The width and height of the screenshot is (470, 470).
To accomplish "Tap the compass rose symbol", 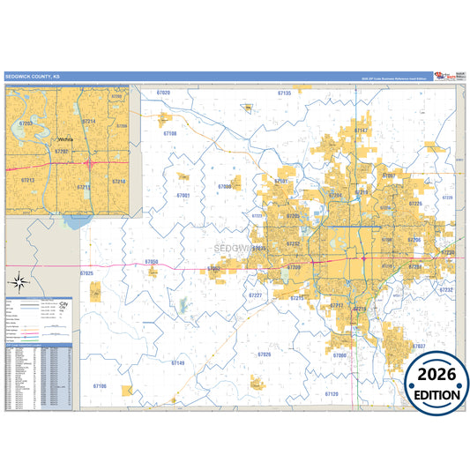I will tap(18, 282).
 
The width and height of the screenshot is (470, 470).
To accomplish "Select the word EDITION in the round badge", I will tap(437, 395).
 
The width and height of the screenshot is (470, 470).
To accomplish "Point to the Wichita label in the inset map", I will tap(65, 139).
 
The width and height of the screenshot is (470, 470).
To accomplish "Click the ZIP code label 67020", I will tap(162, 93).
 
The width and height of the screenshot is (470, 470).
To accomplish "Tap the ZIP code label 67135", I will tap(284, 93).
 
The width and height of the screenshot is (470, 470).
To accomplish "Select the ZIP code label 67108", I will tap(170, 133).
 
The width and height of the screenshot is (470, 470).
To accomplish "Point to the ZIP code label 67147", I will tap(361, 130).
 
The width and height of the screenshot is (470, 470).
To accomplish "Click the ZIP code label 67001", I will tap(183, 195).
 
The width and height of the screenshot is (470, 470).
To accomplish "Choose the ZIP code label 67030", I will tap(224, 187).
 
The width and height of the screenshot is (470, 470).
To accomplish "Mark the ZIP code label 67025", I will tap(86, 274).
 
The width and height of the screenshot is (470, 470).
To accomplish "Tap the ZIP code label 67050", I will tap(152, 262).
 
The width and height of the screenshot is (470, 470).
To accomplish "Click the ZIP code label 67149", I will tap(178, 363).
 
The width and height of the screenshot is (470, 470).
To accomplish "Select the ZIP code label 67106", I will tap(100, 386).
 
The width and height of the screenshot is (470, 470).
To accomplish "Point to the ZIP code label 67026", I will tap(265, 354).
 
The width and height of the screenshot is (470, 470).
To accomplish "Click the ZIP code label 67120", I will tap(331, 393).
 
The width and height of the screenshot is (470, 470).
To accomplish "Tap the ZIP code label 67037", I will tap(418, 346).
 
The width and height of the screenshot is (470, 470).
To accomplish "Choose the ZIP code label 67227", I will tap(255, 295).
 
